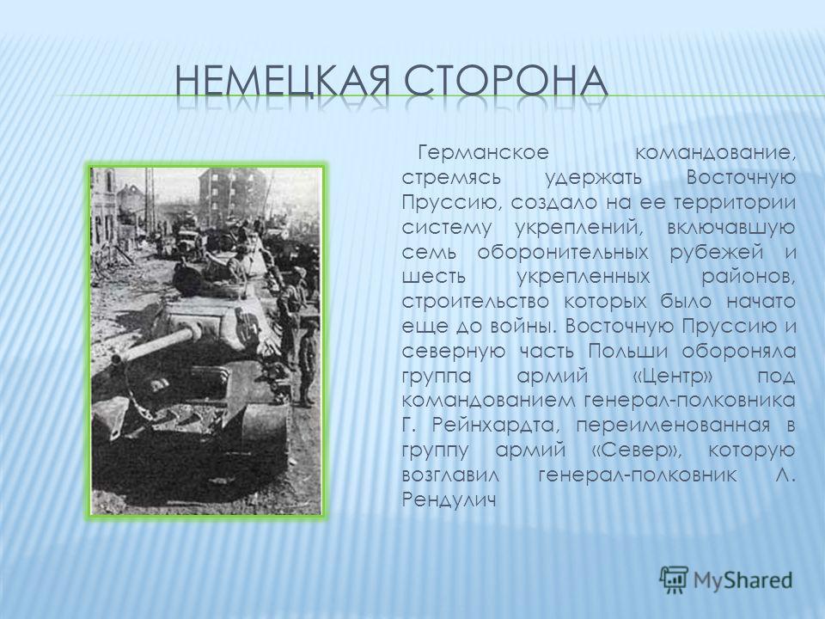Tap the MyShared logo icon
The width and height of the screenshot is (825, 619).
coord(674,580)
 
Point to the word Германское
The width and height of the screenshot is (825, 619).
coord(483,153)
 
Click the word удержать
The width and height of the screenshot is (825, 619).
coord(593,178)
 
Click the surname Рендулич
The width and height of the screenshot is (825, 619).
coord(449,499)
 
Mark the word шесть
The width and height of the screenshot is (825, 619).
coord(433,276)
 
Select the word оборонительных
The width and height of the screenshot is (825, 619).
coord(563,252)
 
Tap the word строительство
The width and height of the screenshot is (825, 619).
coord(475,302)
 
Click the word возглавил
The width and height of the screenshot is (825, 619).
coord(449,475)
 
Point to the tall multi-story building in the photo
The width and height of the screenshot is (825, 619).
coord(231,196)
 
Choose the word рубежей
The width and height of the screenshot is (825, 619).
coord(716,252)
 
